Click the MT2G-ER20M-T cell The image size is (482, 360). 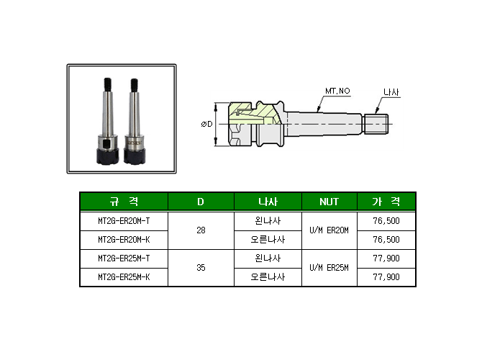pos(124,221)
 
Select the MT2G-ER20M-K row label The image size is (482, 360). pos(124,240)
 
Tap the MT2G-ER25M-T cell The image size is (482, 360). pos(124,258)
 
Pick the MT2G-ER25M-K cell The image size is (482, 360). pos(124,277)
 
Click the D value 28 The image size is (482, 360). pos(201,230)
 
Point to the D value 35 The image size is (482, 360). pos(201,268)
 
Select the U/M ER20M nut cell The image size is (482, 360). pos(329,230)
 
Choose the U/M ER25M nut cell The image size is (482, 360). pos(329,268)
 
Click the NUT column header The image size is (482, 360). pos(329,202)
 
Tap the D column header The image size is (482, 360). pos(201,202)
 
